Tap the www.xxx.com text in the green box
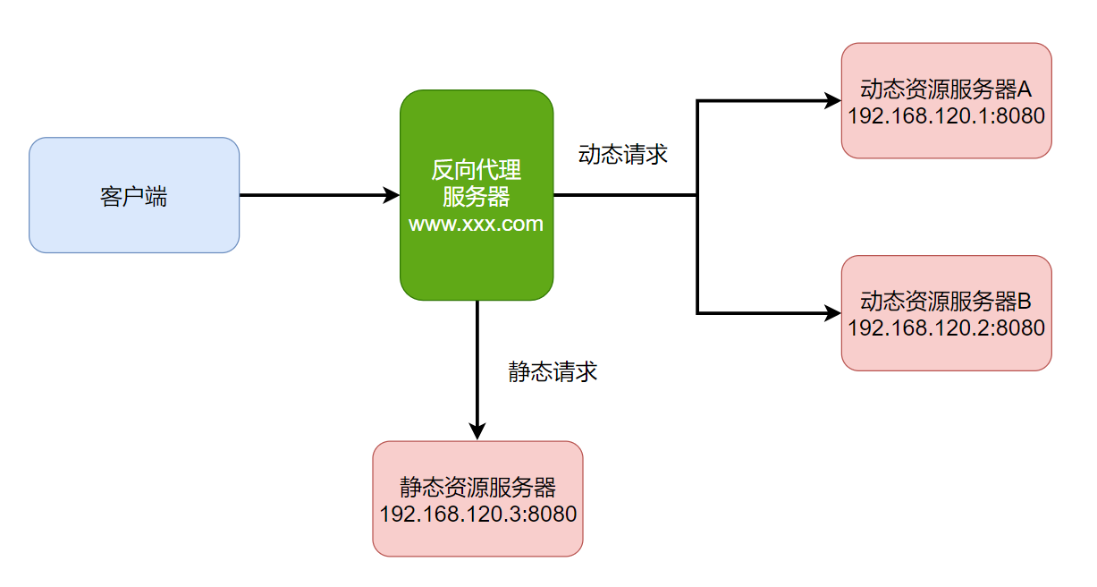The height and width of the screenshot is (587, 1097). (x=477, y=224)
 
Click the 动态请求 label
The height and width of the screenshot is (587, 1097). (x=623, y=154)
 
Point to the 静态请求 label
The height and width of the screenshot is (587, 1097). (x=553, y=372)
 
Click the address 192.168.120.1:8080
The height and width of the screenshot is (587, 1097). (x=946, y=116)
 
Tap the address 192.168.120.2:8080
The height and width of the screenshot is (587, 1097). (x=946, y=328)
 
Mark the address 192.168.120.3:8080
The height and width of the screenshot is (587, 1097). (x=477, y=515)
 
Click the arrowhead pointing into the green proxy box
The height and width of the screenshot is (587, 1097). (x=392, y=195)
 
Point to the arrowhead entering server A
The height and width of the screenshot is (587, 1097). (x=833, y=101)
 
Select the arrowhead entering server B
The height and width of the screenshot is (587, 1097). (x=833, y=314)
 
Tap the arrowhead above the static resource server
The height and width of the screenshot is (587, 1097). (x=477, y=431)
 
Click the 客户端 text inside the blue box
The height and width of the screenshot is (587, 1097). (x=134, y=197)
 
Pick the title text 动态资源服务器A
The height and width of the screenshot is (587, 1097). (x=946, y=89)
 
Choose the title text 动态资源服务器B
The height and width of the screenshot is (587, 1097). (x=946, y=302)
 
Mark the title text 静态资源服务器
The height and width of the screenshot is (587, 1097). (x=477, y=488)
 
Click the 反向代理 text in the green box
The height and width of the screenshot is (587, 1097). (x=477, y=170)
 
